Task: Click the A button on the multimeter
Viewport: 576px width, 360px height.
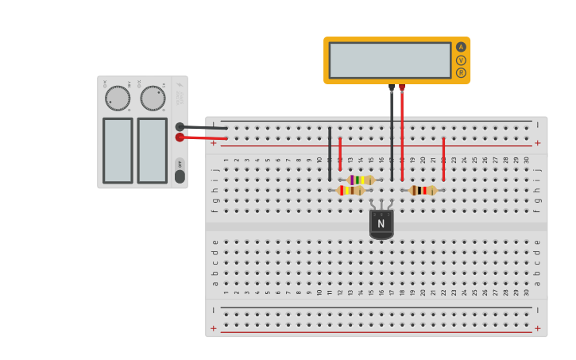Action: (461, 47)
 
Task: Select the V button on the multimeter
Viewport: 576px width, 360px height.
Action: (461, 60)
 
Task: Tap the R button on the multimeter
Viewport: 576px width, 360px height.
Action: (461, 72)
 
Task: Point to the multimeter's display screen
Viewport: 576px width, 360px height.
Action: (389, 60)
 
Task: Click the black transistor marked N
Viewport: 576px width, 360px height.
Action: (381, 223)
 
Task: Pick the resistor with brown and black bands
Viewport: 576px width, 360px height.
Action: (423, 190)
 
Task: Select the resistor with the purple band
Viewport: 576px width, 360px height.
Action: (361, 180)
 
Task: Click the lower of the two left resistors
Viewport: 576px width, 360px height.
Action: (350, 190)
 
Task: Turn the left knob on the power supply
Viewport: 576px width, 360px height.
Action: (118, 99)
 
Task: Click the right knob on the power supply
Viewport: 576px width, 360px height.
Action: (153, 99)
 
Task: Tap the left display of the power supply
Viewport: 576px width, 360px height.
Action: (118, 150)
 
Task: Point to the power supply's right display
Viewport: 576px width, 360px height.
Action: (153, 150)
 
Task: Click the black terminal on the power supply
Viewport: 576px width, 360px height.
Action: (180, 126)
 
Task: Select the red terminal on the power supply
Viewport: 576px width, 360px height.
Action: (180, 137)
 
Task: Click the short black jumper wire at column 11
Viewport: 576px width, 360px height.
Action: (330, 153)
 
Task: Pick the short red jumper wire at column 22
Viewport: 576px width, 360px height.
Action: (443, 158)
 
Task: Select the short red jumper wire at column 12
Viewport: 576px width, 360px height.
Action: (340, 153)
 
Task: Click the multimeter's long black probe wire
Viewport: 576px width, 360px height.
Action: (392, 135)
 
